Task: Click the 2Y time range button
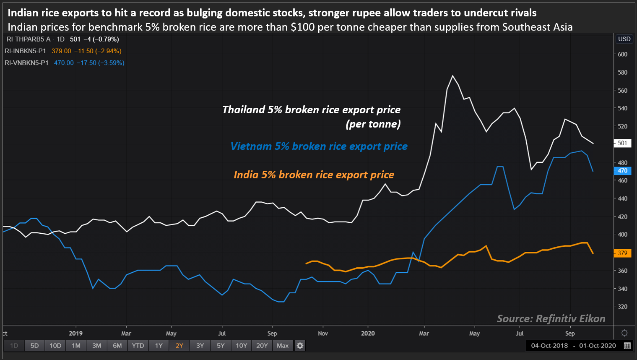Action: click(x=179, y=346)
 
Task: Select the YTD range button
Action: click(x=138, y=346)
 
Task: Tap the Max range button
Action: click(x=283, y=346)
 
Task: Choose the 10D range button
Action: click(x=55, y=346)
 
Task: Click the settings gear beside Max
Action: click(x=300, y=346)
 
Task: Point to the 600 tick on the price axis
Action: click(x=622, y=54)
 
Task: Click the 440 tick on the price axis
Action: click(x=622, y=198)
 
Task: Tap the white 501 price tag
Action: click(x=622, y=143)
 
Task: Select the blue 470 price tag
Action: click(x=622, y=171)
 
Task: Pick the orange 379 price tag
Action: click(x=622, y=253)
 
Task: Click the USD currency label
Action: click(x=624, y=39)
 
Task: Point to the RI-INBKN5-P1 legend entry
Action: click(x=25, y=51)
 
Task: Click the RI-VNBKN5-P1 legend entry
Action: click(x=26, y=63)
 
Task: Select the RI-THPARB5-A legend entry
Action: click(x=28, y=39)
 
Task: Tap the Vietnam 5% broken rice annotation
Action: click(x=319, y=146)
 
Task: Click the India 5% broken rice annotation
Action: click(x=314, y=175)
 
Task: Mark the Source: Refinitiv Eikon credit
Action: click(x=551, y=319)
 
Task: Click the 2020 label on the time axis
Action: click(x=368, y=334)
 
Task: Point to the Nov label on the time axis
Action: click(x=323, y=334)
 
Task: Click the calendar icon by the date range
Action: click(x=627, y=346)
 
